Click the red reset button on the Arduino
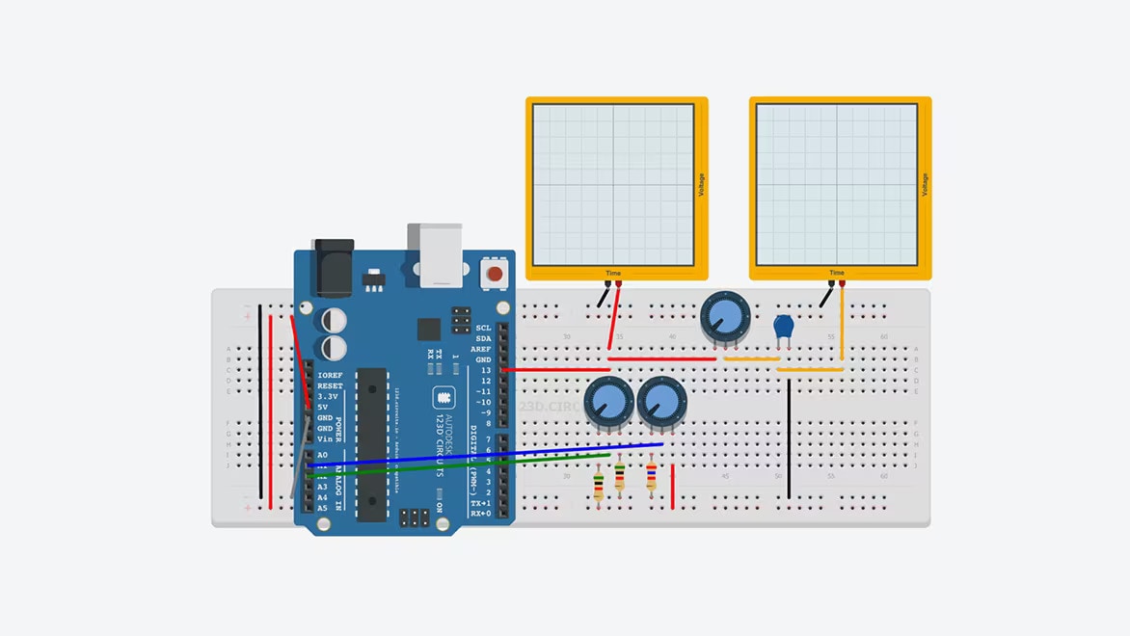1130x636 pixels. (x=495, y=274)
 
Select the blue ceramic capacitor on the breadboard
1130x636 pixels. (x=784, y=328)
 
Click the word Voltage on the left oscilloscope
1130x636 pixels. (x=701, y=185)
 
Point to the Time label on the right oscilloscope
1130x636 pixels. (x=836, y=273)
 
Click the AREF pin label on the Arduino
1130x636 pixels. (x=480, y=349)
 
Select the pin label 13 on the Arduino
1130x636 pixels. (x=486, y=370)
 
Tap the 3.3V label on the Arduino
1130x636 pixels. (x=327, y=396)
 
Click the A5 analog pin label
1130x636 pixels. (x=322, y=508)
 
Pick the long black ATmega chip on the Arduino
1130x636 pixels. (x=372, y=443)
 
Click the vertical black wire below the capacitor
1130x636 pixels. (x=789, y=438)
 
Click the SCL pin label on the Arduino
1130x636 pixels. (x=483, y=328)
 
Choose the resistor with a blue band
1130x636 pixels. (x=652, y=476)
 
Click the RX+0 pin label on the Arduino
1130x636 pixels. (x=480, y=514)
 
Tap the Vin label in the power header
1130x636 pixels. (x=325, y=438)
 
